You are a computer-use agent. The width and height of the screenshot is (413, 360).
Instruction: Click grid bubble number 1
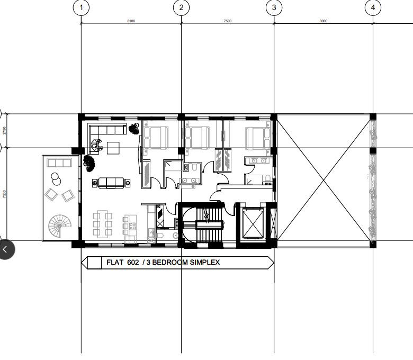(81, 7)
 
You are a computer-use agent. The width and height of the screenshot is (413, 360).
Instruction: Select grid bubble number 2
(181, 7)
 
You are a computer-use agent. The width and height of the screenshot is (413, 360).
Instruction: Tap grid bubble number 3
(274, 7)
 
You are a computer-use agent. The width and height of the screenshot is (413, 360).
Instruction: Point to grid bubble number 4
(373, 7)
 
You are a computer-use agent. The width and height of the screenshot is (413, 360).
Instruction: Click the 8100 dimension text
(131, 21)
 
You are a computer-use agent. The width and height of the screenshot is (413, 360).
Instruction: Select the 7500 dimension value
(227, 21)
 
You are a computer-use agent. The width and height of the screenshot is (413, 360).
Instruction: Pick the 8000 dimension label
(323, 21)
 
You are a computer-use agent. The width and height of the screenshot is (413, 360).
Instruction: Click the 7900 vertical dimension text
(5, 194)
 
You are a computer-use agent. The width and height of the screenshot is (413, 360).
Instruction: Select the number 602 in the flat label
(132, 262)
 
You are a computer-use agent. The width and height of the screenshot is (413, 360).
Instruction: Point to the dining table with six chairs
(103, 223)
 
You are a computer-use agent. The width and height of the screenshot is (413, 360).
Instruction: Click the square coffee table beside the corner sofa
(113, 148)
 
